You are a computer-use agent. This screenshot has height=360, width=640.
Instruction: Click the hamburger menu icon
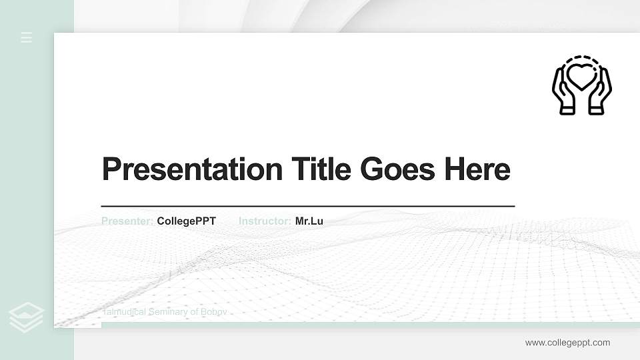[x=27, y=37]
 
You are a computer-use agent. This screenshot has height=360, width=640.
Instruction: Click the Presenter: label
[x=127, y=221]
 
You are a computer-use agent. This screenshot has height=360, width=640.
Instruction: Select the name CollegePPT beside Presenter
[x=187, y=221]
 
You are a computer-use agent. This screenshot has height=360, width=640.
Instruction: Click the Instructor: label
[x=265, y=221]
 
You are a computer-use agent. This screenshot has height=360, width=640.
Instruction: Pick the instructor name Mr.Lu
[x=309, y=221]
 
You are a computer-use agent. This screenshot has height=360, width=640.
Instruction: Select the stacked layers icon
[x=27, y=317]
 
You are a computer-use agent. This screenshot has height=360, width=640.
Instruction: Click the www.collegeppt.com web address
[x=567, y=343]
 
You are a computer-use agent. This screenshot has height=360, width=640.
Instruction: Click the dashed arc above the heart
[x=581, y=59]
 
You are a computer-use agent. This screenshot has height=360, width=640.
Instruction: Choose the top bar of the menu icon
[x=27, y=33]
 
